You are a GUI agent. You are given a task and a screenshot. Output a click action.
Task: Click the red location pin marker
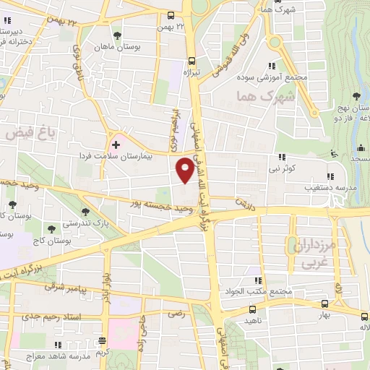(x=185, y=169)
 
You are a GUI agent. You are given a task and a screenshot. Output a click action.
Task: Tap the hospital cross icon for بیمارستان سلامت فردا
(x=116, y=145)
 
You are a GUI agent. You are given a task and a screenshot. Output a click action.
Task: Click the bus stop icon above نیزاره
(x=191, y=61)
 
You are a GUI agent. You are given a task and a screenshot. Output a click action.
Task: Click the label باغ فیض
(x=29, y=133)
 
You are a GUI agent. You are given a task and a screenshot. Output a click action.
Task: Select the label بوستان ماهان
(x=116, y=46)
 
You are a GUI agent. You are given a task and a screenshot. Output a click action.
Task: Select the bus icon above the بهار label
(x=324, y=305)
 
